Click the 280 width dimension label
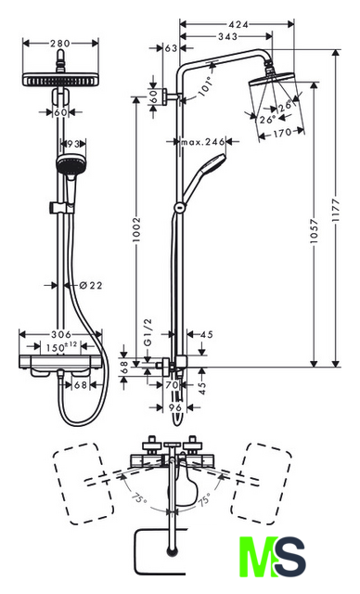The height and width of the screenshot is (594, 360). (60, 44)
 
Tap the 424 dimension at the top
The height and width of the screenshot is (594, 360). (238, 24)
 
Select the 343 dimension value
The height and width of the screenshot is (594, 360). (228, 36)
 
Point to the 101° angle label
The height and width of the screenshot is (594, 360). (204, 85)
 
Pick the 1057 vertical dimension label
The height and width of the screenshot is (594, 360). (314, 231)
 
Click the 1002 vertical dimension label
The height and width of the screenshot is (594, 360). (136, 229)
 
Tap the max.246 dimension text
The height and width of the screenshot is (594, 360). (203, 142)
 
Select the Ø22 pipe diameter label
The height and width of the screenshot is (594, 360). (91, 285)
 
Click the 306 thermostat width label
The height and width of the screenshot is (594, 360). (61, 334)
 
